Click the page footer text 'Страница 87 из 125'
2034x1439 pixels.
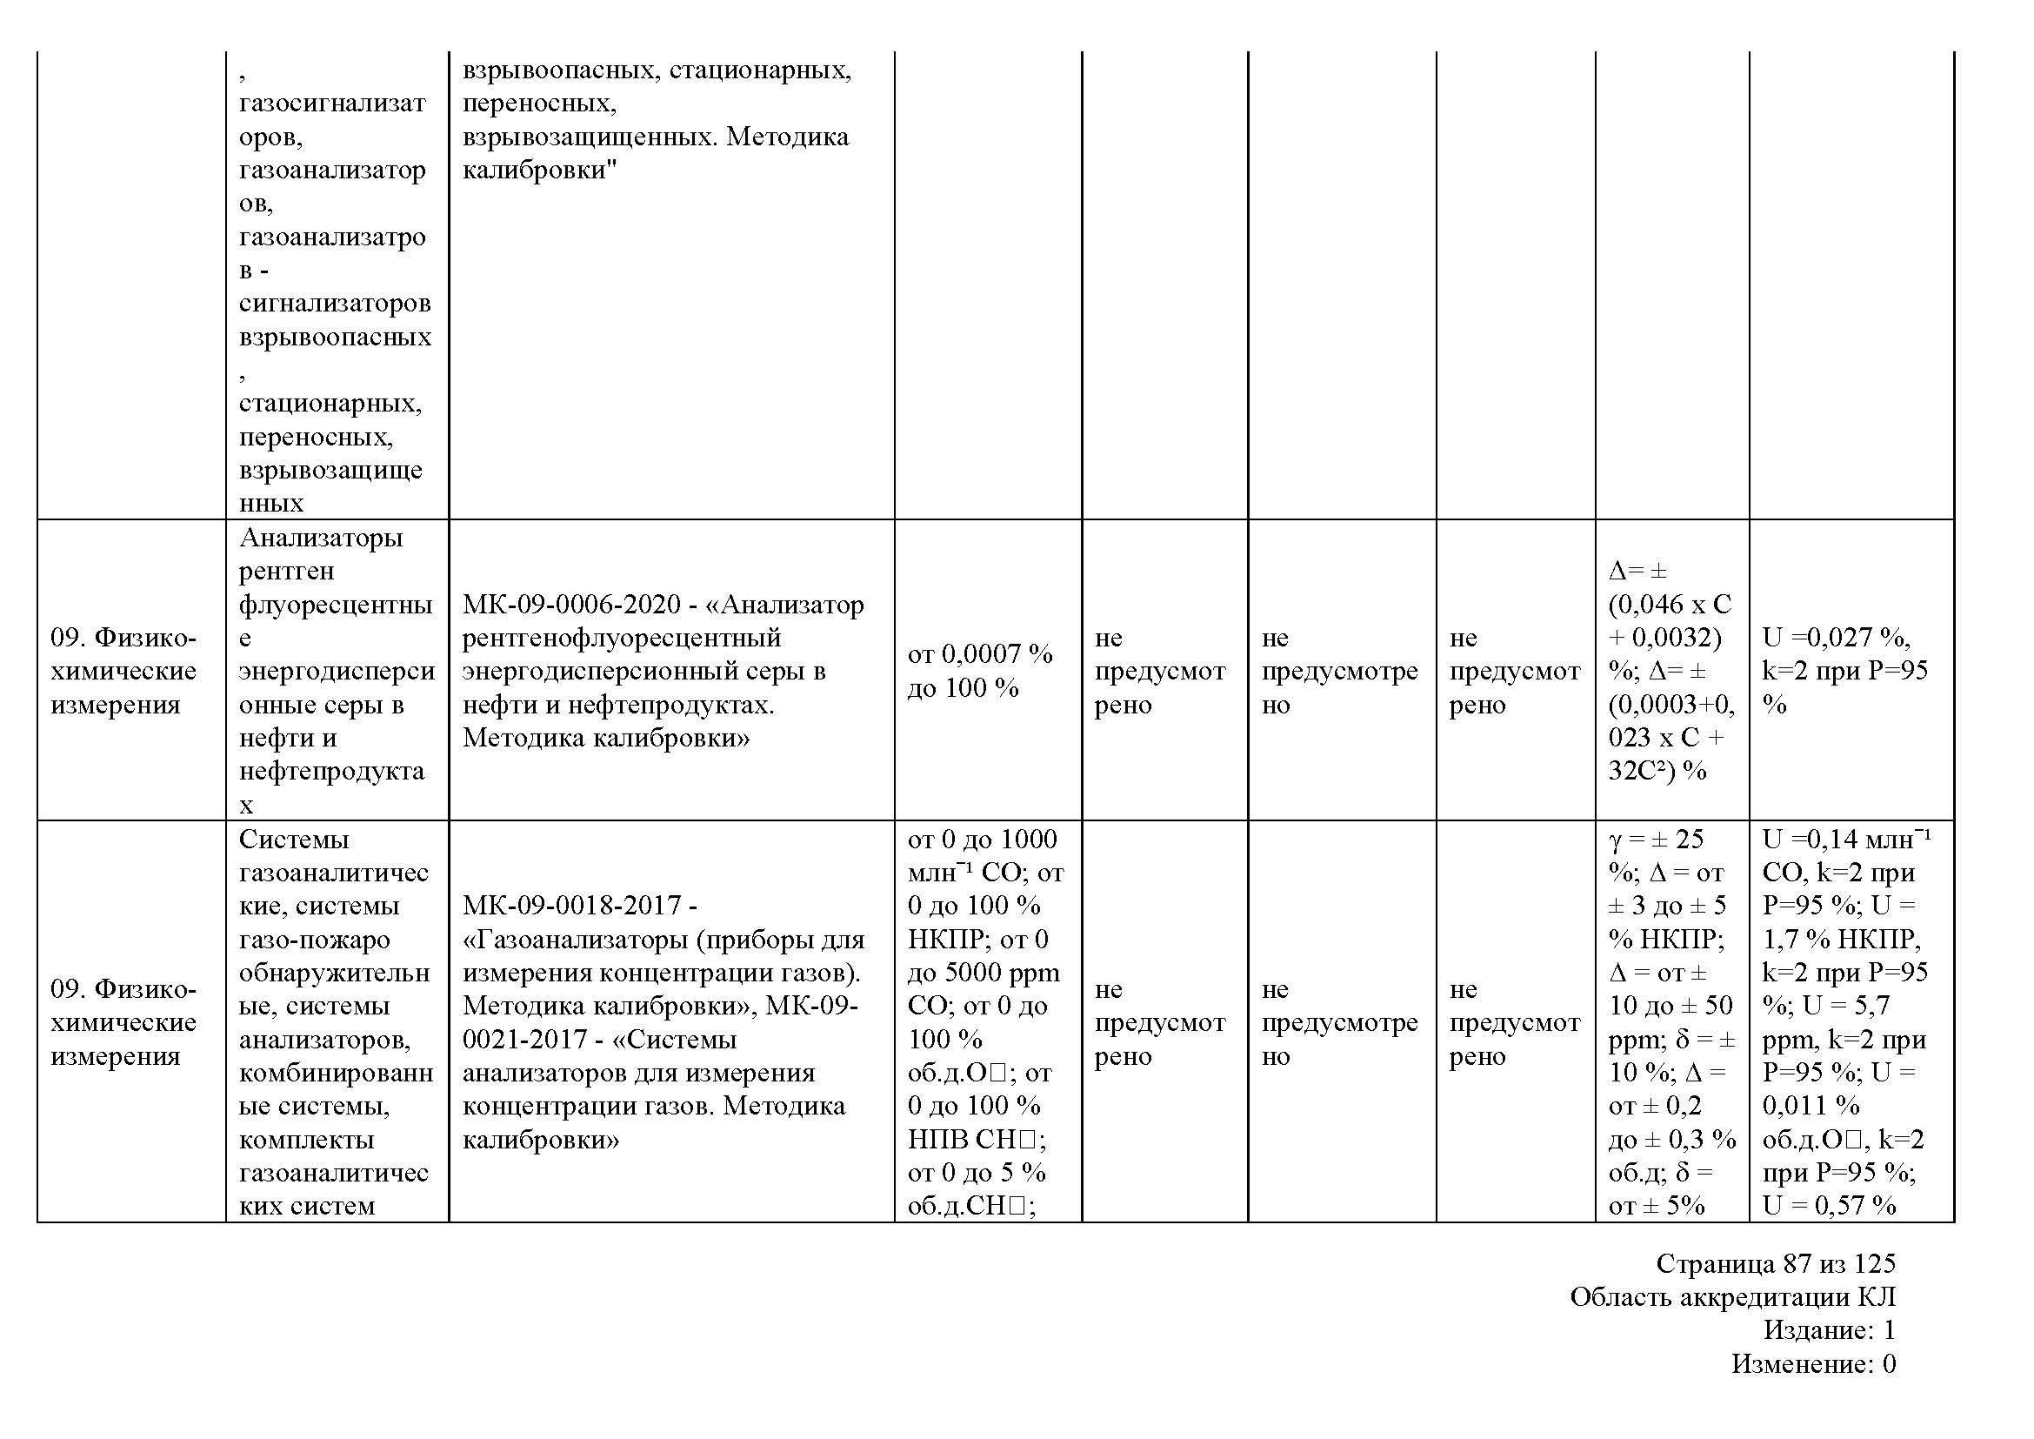tap(1776, 1263)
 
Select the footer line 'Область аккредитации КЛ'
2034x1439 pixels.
tap(1733, 1297)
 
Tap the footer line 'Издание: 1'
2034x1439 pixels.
tap(1830, 1330)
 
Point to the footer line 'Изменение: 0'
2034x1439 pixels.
tap(1813, 1363)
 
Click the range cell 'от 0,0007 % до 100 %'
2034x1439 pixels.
tap(980, 671)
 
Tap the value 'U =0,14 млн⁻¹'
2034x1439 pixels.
tap(1846, 839)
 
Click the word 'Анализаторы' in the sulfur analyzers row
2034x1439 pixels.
tap(321, 538)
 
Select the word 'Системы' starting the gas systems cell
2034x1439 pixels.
tap(294, 839)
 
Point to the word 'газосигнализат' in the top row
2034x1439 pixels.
tap(332, 104)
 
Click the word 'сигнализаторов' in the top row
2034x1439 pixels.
tap(335, 304)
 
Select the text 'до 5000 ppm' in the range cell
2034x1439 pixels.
tap(984, 973)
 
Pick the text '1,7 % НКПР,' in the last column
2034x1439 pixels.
tap(1841, 940)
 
